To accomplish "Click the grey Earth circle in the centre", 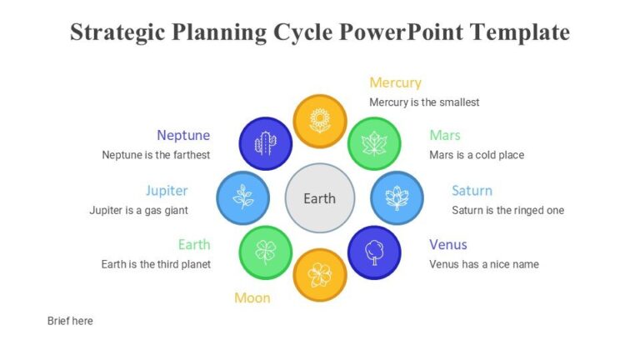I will (x=320, y=198).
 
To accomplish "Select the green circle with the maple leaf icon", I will (x=374, y=143).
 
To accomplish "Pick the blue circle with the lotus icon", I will (x=397, y=197).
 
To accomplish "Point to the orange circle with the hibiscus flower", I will (x=320, y=274).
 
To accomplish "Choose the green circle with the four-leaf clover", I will (x=266, y=252).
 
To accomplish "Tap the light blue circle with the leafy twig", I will (x=243, y=197).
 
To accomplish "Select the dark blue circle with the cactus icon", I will (x=266, y=143).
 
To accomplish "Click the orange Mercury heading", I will (x=395, y=82).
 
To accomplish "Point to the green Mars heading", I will (x=445, y=135).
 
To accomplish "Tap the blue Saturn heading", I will (x=472, y=191).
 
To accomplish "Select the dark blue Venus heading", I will (x=448, y=244).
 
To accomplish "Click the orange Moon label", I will (x=252, y=297).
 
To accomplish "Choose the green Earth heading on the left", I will (x=193, y=244).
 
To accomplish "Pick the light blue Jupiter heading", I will (x=167, y=191).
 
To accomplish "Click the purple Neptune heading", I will (x=183, y=135).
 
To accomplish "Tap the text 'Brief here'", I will (x=70, y=321).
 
